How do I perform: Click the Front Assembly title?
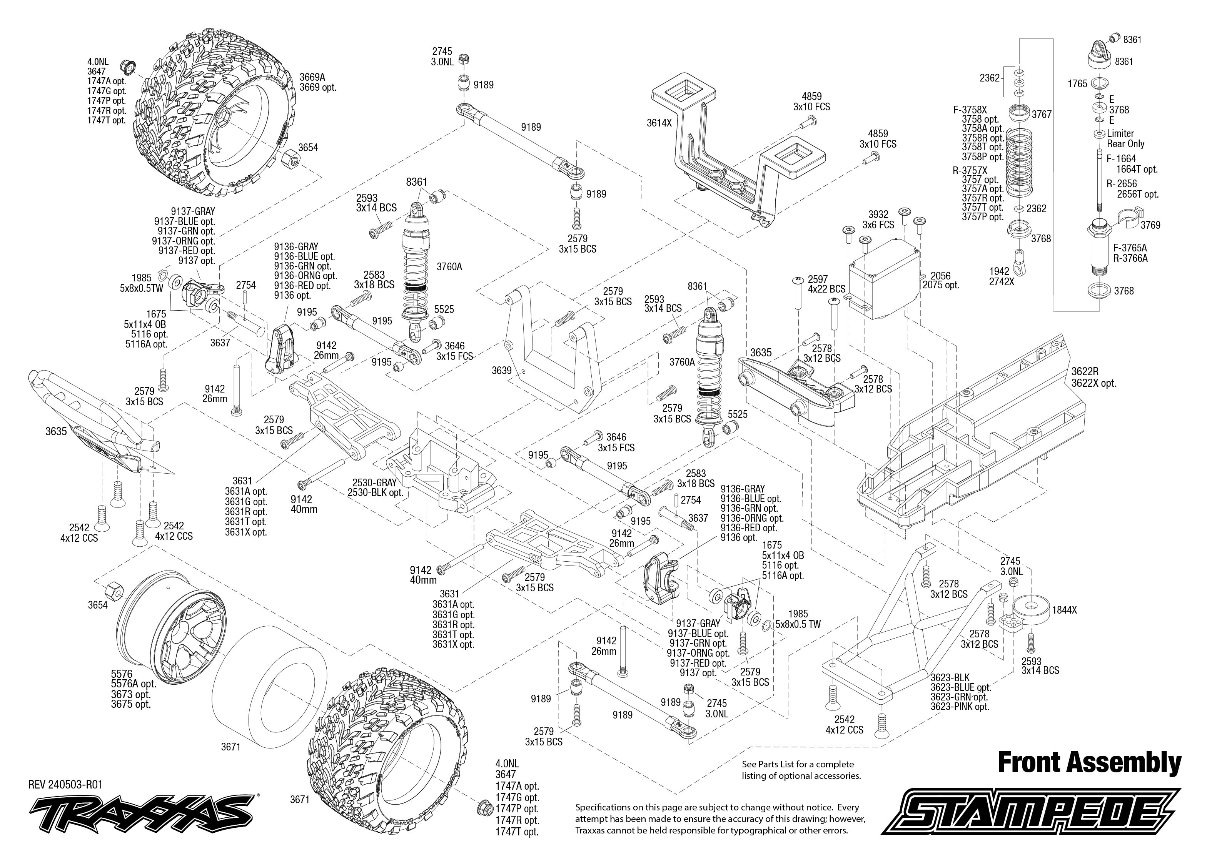pyautogui.click(x=1089, y=762)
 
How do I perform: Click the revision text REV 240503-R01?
pyautogui.click(x=65, y=784)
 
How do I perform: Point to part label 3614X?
pyautogui.click(x=659, y=123)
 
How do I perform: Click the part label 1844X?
pyautogui.click(x=1064, y=610)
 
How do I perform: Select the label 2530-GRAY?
pyautogui.click(x=372, y=482)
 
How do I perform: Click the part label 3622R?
pyautogui.click(x=1085, y=372)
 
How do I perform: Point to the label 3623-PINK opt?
pyautogui.click(x=959, y=707)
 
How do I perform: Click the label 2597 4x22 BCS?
pyautogui.click(x=826, y=284)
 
